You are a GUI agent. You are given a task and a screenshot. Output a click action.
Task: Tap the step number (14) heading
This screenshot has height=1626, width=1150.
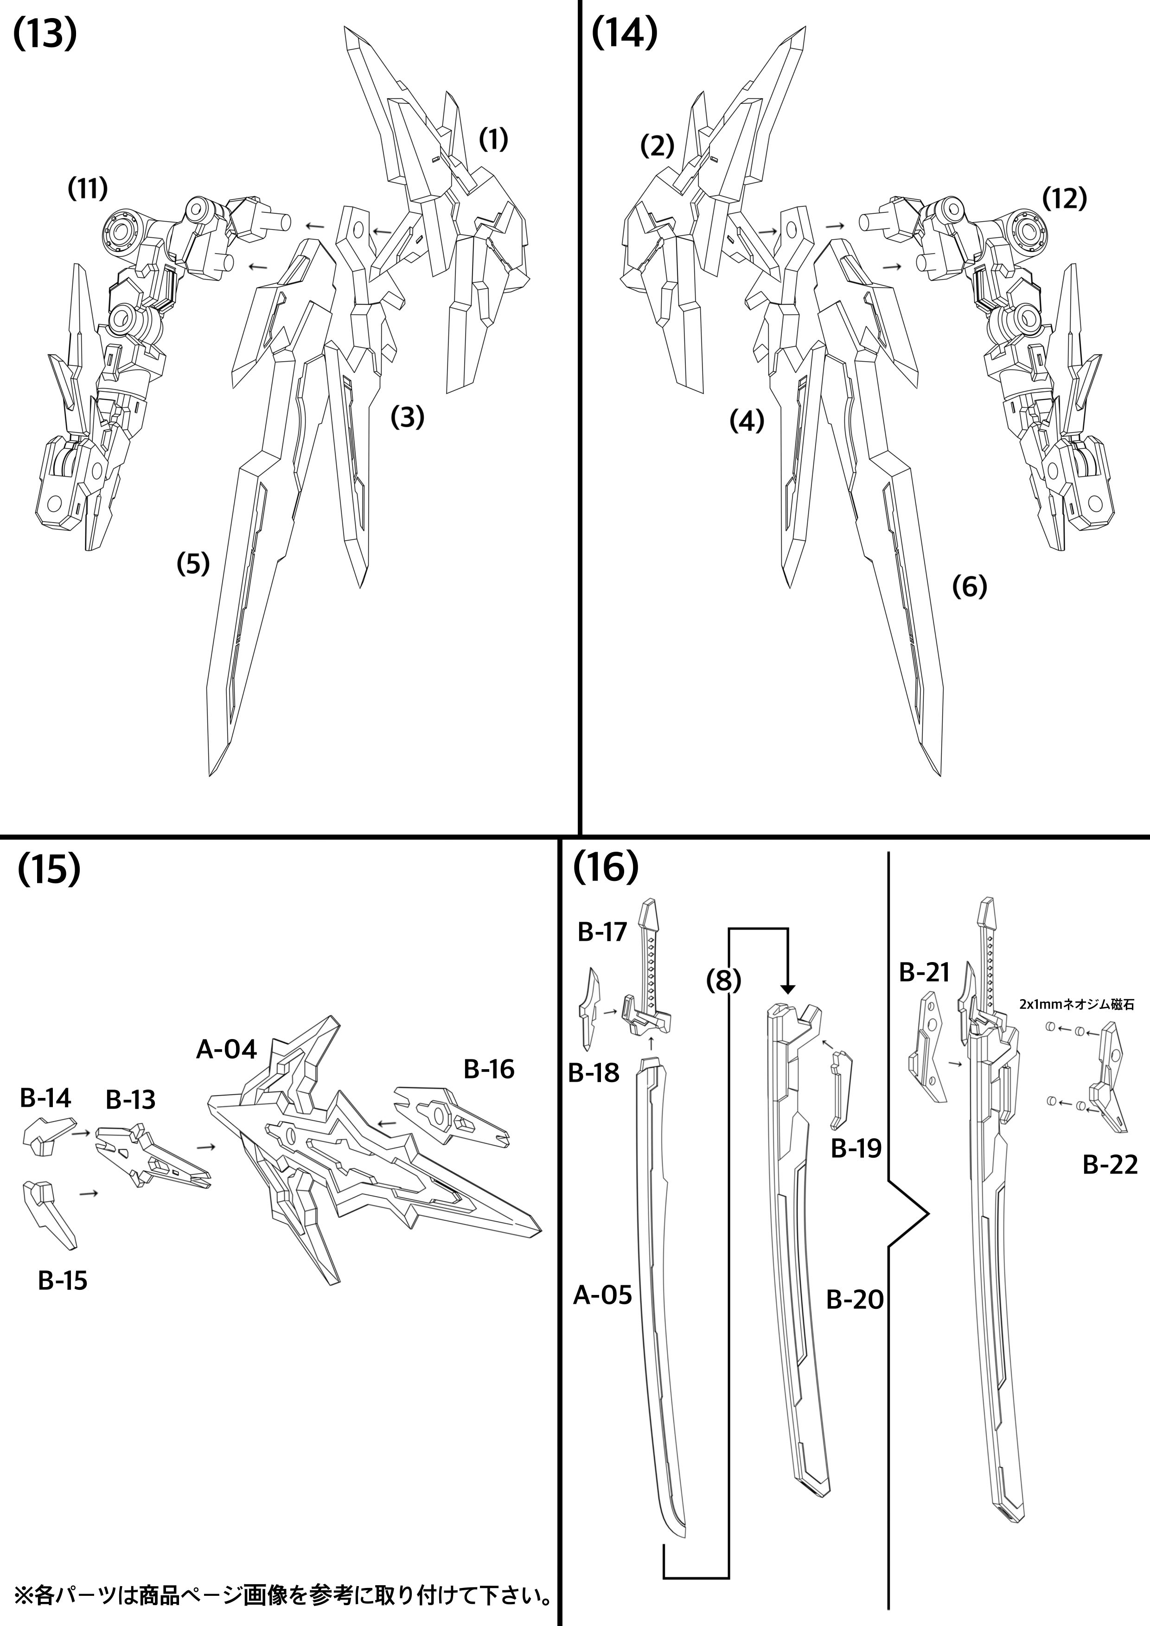coord(624,33)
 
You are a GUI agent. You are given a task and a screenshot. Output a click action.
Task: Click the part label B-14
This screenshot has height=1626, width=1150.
coord(45,1098)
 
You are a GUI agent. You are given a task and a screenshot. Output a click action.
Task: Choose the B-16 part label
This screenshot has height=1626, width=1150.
coord(489,1069)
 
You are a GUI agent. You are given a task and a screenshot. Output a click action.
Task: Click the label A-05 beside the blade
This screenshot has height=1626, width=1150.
coord(602,1295)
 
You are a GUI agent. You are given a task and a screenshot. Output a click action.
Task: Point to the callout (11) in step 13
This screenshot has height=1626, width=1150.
coord(88,189)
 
